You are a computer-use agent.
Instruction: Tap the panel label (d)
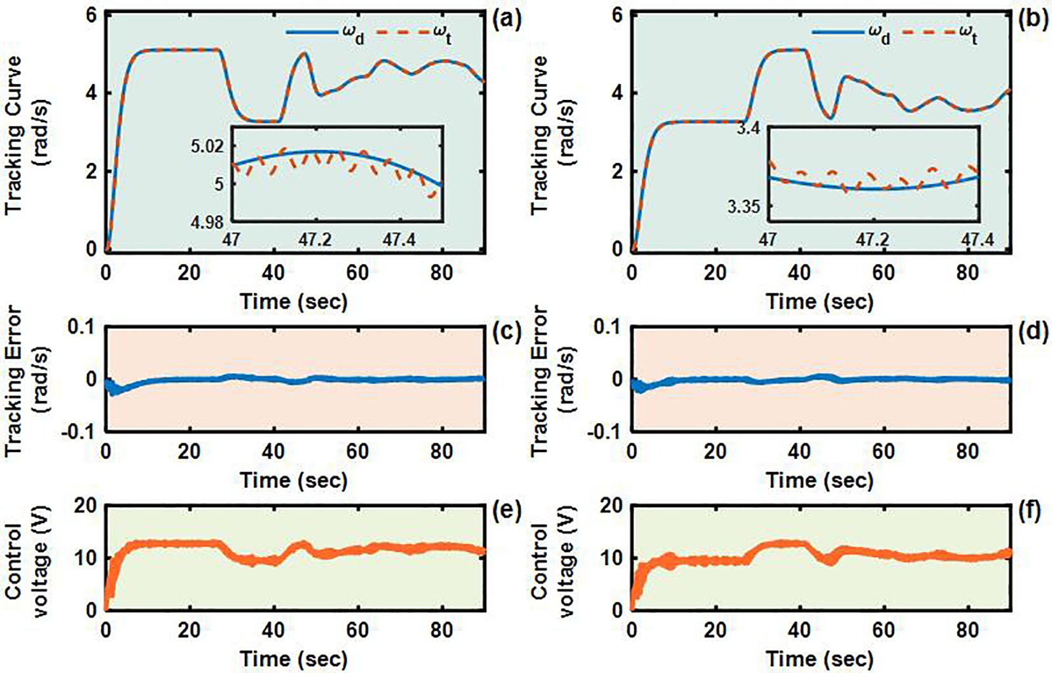point(1033,331)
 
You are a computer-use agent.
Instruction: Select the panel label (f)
point(1033,510)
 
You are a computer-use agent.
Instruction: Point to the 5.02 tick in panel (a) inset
point(207,146)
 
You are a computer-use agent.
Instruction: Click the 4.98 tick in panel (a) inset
point(207,222)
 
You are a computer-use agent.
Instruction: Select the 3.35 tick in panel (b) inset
point(744,207)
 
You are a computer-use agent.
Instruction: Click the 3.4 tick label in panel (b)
point(748,128)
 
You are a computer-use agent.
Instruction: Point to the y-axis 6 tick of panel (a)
point(91,15)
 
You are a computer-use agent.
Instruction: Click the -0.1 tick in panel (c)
point(81,431)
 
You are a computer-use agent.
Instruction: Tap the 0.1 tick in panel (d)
point(608,327)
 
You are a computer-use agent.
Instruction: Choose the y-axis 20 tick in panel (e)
point(84,506)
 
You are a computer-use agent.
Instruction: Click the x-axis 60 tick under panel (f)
point(883,630)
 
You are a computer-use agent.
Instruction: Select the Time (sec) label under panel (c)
point(293,480)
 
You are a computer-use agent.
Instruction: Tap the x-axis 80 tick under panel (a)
point(441,273)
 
